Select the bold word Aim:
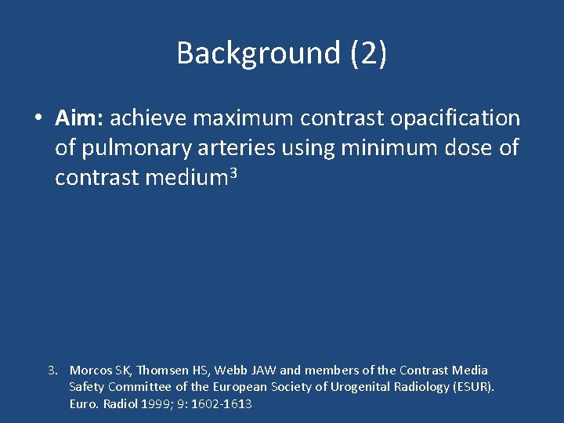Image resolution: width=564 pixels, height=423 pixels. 79,118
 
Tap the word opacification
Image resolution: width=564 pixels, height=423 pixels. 456,118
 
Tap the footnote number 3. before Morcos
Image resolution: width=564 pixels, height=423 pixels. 53,370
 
